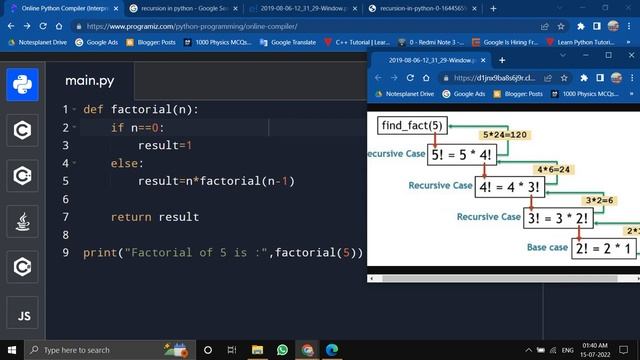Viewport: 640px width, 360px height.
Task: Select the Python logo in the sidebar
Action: [x=23, y=85]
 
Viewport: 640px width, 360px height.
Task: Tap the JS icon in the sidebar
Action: [x=23, y=317]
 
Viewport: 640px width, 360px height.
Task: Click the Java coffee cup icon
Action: [x=23, y=221]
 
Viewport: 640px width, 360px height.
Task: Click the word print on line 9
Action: [x=100, y=253]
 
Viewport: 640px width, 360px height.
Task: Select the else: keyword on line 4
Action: [x=127, y=163]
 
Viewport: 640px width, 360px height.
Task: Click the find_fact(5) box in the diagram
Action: [x=411, y=125]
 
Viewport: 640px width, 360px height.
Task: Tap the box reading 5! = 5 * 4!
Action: [x=473, y=154]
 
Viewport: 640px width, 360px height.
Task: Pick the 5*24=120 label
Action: [x=504, y=134]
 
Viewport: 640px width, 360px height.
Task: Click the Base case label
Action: [x=546, y=247]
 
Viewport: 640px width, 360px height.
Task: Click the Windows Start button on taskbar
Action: [x=11, y=349]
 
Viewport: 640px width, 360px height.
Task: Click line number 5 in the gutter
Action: [x=65, y=181]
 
